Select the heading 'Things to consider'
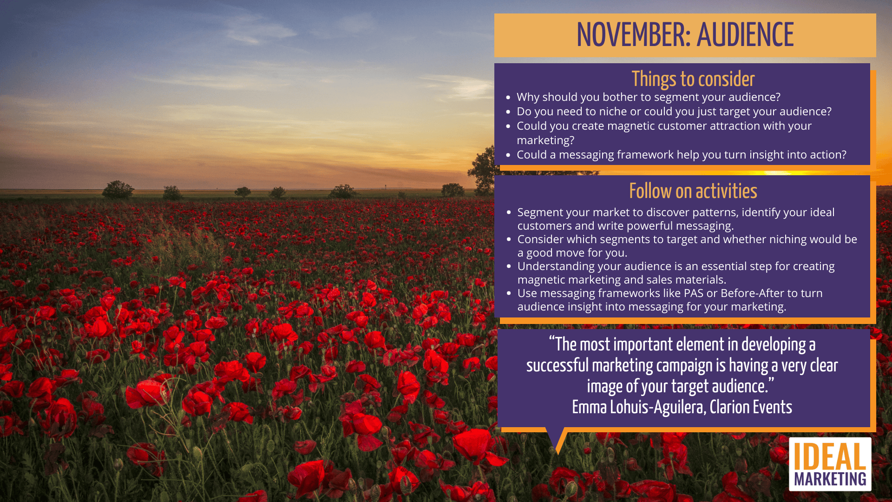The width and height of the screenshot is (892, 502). click(693, 79)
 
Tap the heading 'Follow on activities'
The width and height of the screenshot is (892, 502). click(693, 191)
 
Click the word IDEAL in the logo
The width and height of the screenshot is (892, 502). click(830, 456)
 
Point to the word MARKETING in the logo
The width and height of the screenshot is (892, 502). click(830, 479)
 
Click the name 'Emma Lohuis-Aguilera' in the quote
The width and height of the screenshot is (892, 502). click(639, 407)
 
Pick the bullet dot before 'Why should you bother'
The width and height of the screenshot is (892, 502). click(508, 98)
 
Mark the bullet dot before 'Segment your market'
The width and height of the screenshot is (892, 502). click(509, 212)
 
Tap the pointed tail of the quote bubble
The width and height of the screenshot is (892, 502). click(557, 453)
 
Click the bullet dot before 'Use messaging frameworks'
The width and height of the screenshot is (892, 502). click(509, 293)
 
